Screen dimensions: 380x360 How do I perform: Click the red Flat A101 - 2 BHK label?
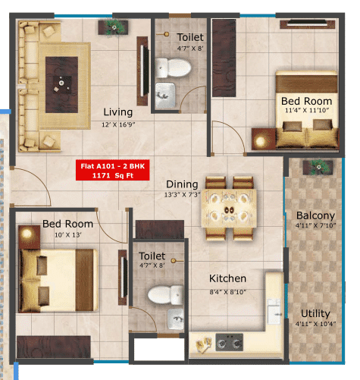(x=114, y=169)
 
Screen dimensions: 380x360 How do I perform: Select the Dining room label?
(x=182, y=184)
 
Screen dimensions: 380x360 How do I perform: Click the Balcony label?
(x=315, y=215)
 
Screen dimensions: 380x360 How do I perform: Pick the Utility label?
(x=315, y=312)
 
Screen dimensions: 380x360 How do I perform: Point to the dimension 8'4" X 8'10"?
(x=228, y=291)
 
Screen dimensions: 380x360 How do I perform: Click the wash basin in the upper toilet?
(x=166, y=94)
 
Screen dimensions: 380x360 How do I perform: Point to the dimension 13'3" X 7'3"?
(x=182, y=195)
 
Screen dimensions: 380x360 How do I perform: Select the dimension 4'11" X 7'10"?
(x=315, y=226)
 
